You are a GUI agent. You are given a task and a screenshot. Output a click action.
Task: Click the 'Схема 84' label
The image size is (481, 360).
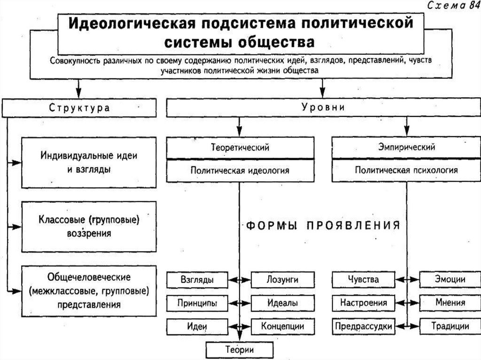[x=450, y=6]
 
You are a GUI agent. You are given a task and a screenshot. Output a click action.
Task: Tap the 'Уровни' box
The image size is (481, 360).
[x=323, y=107]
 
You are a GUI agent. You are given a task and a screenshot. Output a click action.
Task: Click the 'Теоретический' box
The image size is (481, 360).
[x=240, y=147]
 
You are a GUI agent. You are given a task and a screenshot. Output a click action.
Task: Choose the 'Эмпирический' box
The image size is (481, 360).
[x=406, y=147]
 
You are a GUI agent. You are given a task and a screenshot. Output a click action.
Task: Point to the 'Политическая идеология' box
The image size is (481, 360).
[x=240, y=170]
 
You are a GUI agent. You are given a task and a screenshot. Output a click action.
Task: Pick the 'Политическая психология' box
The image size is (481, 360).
[x=406, y=170]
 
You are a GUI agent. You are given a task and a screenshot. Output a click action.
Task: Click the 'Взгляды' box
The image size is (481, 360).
[x=197, y=280]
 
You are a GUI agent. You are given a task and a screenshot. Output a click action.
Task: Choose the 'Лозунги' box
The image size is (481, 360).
[x=282, y=280]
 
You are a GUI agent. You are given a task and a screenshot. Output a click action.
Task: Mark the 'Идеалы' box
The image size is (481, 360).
[x=282, y=303]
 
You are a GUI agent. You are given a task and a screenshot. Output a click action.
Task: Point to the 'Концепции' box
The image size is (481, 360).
[x=282, y=326]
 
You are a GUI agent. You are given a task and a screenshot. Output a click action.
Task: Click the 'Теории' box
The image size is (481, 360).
[x=240, y=350]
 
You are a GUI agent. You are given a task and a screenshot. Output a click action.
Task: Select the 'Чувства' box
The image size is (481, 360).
[x=364, y=280]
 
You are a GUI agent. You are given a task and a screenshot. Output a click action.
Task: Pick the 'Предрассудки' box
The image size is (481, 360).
[x=364, y=326]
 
